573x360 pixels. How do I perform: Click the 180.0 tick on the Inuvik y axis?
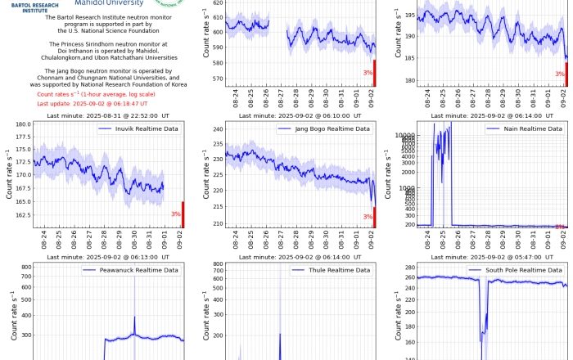[x=21, y=124]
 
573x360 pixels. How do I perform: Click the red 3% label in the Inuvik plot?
[x=176, y=214]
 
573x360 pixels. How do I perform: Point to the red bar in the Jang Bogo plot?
[x=374, y=217]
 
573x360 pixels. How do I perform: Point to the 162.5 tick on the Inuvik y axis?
[x=21, y=215]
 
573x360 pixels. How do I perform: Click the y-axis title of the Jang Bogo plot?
[x=202, y=174]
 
